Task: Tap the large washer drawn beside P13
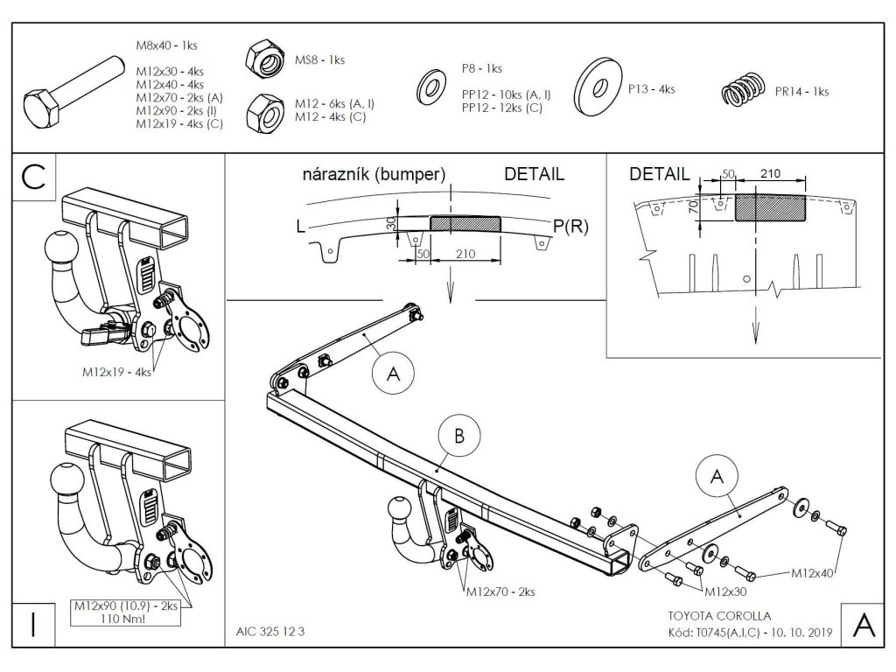pyautogui.click(x=598, y=88)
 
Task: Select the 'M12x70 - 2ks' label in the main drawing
pyautogui.click(x=500, y=591)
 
